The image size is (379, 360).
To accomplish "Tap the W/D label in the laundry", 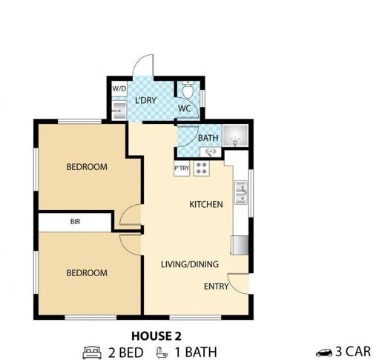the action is [119, 88].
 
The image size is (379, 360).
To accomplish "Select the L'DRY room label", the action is [146, 100].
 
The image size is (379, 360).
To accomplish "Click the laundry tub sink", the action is [119, 111].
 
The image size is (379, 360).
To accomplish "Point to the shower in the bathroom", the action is [235, 135].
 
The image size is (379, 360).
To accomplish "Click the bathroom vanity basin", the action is [211, 152].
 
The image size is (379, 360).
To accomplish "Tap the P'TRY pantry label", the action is [182, 168].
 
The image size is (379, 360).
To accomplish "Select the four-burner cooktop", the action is [202, 168].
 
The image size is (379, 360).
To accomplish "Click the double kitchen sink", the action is [241, 192].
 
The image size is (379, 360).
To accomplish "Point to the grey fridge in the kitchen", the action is [240, 245].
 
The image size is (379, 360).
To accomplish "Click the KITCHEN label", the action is [206, 204].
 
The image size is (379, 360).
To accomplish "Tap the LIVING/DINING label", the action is [190, 264].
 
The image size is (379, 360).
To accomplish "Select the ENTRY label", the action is [217, 287].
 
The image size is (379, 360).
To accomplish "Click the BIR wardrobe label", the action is [76, 221].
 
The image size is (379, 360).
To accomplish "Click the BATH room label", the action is [208, 138].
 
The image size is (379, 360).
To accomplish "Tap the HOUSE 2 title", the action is [156, 336].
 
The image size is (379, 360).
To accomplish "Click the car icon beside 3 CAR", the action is [324, 352].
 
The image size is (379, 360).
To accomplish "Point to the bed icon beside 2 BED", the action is [92, 353].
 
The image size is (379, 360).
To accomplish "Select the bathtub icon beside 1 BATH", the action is [162, 353].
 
